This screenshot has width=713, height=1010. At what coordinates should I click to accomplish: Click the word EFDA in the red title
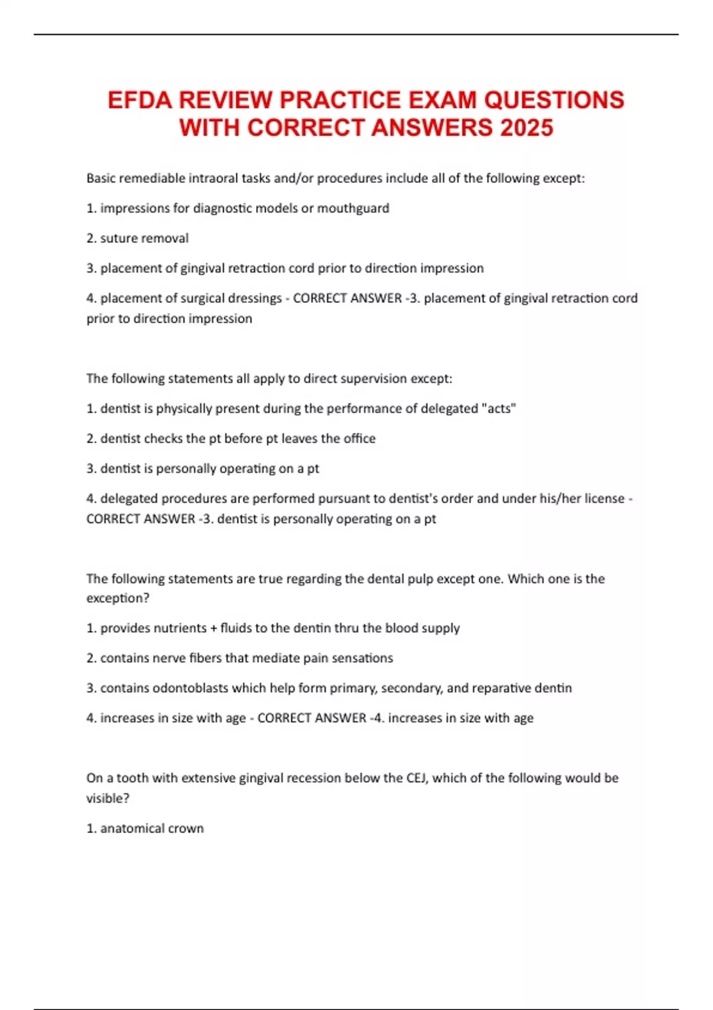click(x=140, y=100)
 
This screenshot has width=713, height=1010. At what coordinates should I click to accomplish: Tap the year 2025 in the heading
click(x=526, y=128)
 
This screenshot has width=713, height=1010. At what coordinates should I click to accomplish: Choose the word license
click(x=604, y=498)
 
